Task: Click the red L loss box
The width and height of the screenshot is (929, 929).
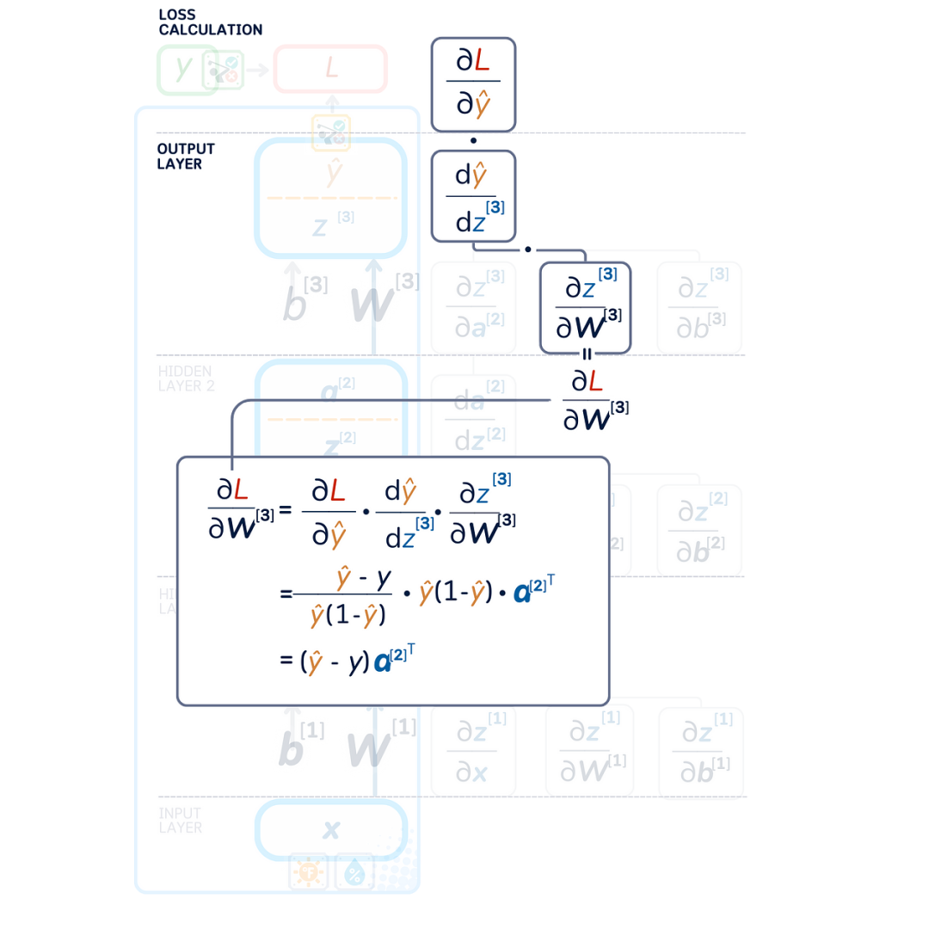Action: point(330,69)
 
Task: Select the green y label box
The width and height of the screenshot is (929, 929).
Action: point(182,69)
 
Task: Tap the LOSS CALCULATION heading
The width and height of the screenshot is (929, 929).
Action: point(209,22)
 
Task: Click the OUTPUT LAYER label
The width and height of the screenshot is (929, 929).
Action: point(185,157)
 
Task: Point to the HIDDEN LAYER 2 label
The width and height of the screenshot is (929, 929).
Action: point(186,378)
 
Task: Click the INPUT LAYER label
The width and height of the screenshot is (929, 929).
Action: point(180,820)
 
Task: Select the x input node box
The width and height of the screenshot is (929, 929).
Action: point(330,830)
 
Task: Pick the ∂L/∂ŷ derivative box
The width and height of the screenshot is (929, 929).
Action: point(472,83)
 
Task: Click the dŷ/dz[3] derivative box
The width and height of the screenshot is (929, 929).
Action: point(472,195)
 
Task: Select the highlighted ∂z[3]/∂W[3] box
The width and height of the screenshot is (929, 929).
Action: point(585,307)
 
